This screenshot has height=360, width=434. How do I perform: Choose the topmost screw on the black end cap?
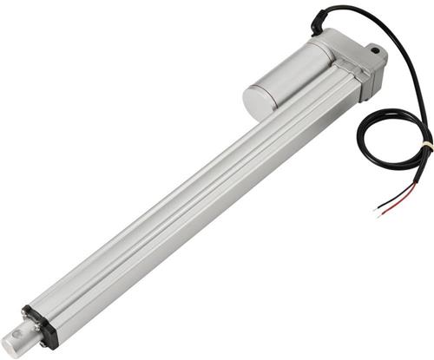tap(30, 309)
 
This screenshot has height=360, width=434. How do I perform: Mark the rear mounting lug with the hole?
tap(375, 56)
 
